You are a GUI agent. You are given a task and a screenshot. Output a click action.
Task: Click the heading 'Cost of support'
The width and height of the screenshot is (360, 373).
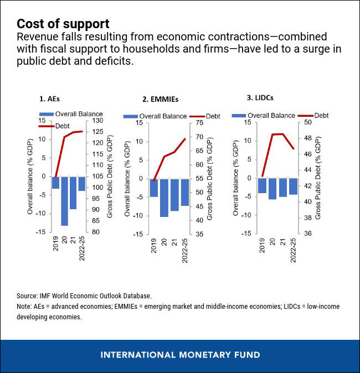[63, 24]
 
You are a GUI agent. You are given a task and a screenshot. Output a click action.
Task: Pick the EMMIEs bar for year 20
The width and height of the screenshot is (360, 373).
[164, 198]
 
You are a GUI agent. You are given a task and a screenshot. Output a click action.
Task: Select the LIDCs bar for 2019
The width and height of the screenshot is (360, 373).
[262, 185]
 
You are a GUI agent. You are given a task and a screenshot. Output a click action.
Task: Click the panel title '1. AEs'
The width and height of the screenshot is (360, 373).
[49, 99]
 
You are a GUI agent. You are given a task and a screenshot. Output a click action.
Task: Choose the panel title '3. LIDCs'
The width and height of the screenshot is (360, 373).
[260, 98]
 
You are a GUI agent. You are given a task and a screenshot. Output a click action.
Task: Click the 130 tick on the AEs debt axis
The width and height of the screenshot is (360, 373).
[97, 121]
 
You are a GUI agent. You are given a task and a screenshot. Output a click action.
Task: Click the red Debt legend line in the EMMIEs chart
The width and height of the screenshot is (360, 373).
[197, 116]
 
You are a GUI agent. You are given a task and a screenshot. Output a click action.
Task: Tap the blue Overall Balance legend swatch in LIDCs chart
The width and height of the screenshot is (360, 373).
[239, 115]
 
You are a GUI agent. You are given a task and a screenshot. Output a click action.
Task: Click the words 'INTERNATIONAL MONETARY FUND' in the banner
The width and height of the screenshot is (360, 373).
[180, 355]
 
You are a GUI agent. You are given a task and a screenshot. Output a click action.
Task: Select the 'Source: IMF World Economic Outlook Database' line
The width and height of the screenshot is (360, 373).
[84, 296]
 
